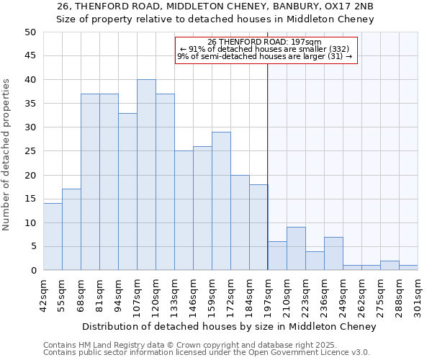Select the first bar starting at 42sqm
coord(53,237)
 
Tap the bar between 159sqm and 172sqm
coord(221,201)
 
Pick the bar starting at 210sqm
coord(296,248)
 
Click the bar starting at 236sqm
coord(333,253)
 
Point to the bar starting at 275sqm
coord(390,266)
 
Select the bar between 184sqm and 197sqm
coord(258,228)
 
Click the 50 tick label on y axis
coord(30,32)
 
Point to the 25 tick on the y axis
coord(30,151)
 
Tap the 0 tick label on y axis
coord(33,271)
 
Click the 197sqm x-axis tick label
coord(269,295)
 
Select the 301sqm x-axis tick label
coord(418,295)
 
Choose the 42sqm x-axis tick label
coord(44,295)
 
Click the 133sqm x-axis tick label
coord(175,295)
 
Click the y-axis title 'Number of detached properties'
coord(6,151)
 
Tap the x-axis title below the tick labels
coord(229,327)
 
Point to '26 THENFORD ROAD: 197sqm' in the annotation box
coord(264,42)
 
